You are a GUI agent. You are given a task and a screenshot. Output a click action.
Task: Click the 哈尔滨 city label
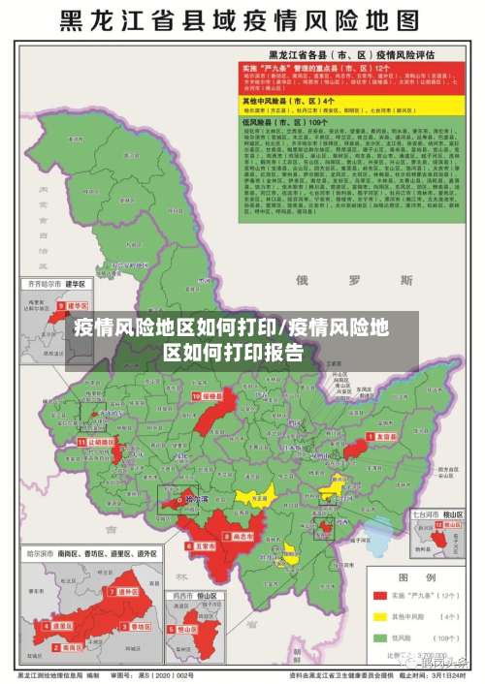[196, 499]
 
